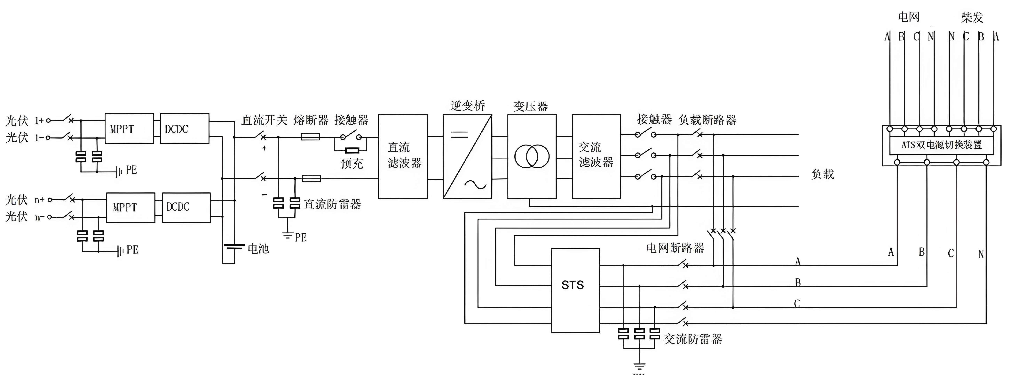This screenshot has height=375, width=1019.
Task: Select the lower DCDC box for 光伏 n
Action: [x=186, y=207]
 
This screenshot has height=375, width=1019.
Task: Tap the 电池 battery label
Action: [x=258, y=249]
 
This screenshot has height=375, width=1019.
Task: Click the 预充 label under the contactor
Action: [x=352, y=163]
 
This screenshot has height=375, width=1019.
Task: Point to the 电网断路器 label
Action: [x=675, y=248]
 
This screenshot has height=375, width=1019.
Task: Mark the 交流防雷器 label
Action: [x=693, y=339]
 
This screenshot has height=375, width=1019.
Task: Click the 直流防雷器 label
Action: [x=332, y=204]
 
